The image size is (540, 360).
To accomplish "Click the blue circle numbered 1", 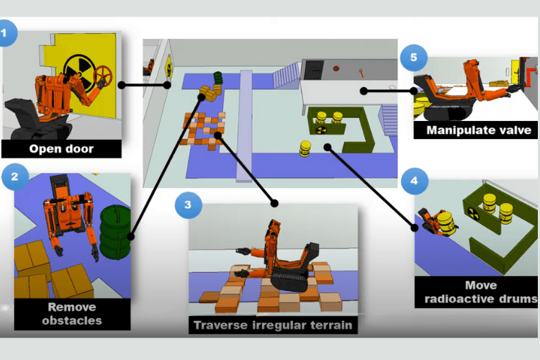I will click(x=8, y=34).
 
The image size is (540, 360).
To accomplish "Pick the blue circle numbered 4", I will click(x=413, y=180).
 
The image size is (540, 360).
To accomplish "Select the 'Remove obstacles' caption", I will click(x=72, y=313).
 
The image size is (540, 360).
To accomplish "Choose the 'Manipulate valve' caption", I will click(x=479, y=130).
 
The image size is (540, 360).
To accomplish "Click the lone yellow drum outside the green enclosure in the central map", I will click(x=305, y=148).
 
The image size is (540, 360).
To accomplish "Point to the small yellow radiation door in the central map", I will click(x=169, y=67).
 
